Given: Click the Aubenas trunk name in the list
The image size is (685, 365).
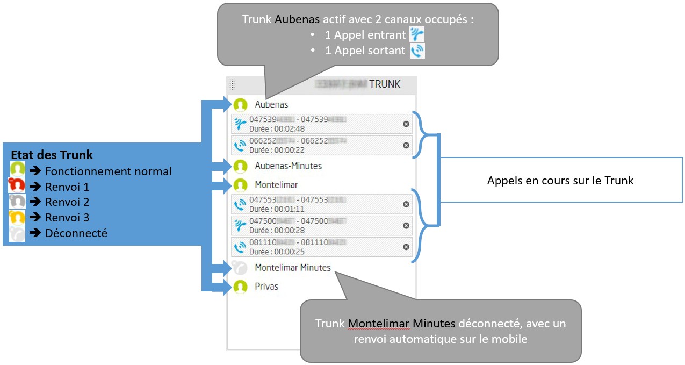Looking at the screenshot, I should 271,105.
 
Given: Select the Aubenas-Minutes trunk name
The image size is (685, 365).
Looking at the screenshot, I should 288,166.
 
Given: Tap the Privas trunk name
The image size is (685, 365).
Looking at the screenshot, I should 266,287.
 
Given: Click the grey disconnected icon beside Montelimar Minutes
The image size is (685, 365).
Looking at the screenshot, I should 240,268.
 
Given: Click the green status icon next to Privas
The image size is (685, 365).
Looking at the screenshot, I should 240,287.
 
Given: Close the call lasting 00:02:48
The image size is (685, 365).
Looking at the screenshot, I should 406,124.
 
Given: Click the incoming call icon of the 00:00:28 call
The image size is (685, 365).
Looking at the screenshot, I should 240,226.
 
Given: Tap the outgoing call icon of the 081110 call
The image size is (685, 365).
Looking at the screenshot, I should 240,247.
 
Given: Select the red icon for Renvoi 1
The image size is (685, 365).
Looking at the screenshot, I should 17,187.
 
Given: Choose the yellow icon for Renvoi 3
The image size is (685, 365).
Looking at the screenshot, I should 17,218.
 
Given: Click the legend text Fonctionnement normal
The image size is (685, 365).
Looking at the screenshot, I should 108,171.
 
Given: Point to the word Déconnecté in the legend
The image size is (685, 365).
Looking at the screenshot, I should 76,233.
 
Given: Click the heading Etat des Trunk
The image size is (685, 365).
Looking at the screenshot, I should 52,155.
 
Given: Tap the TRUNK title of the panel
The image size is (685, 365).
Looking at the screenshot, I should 384,84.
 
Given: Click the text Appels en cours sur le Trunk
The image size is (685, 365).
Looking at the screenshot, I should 560,181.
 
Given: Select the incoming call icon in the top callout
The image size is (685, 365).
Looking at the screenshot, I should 416,35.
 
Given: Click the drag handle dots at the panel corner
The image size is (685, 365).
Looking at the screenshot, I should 232,84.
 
